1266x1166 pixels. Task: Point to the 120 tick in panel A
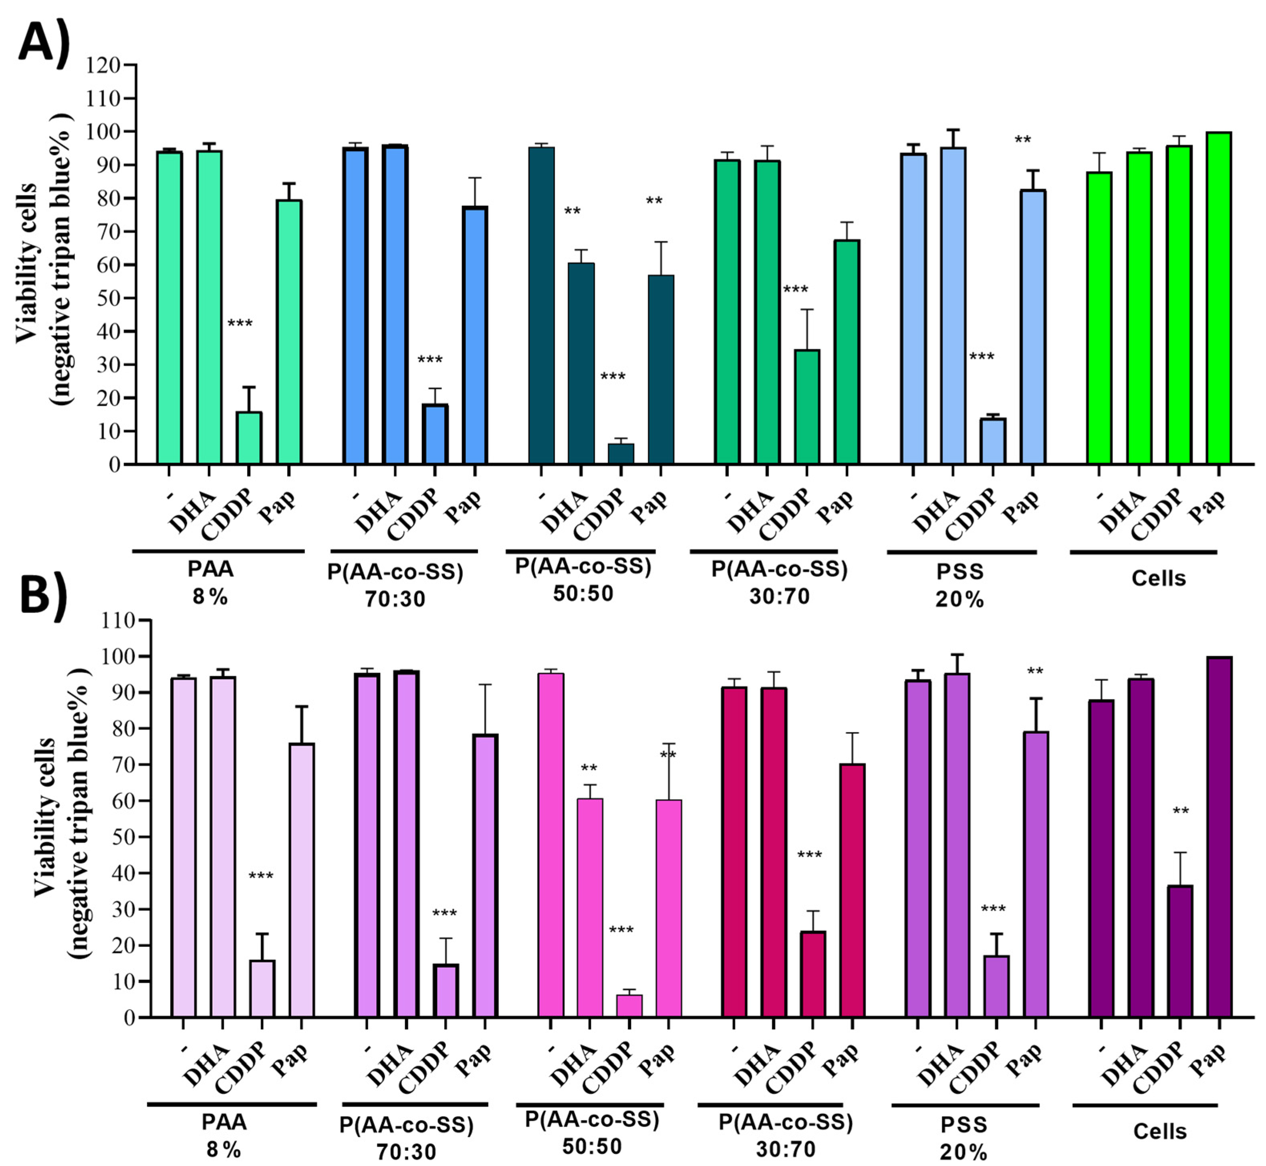tap(105, 65)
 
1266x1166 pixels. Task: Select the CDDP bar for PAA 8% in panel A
tap(249, 438)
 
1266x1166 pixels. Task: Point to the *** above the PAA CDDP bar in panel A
tap(240, 324)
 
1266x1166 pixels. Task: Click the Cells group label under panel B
tap(1159, 1131)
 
